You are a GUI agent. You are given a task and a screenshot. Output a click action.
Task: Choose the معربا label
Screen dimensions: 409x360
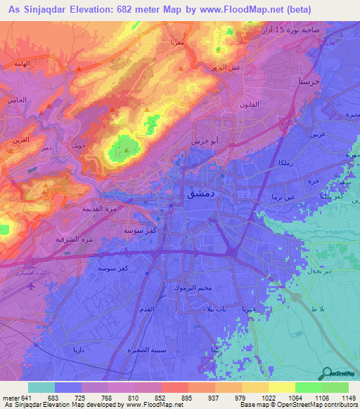coord(176,42)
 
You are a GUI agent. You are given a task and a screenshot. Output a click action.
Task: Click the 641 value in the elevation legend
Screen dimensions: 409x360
coord(27,397)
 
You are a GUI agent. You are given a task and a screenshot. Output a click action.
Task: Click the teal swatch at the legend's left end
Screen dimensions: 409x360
coord(41,387)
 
